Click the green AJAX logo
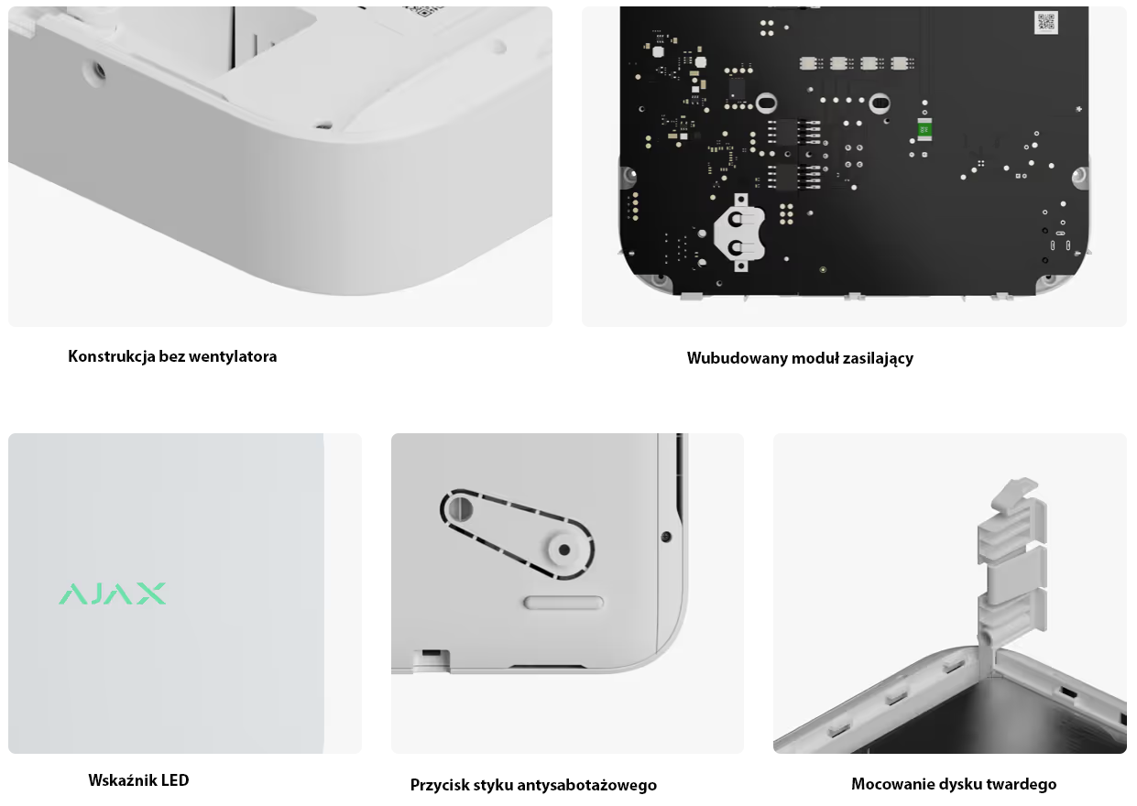pos(112,594)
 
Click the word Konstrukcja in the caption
pos(112,356)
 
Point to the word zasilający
pos(878,359)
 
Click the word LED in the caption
pos(175,780)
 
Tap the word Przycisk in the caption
pos(440,785)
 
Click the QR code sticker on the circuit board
pos(1045,22)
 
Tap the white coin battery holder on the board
pos(739,233)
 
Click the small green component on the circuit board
pos(924,130)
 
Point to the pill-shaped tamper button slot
pos(563,603)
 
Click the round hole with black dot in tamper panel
pos(563,550)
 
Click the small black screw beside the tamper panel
pos(666,536)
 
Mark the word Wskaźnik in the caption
pos(123,780)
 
